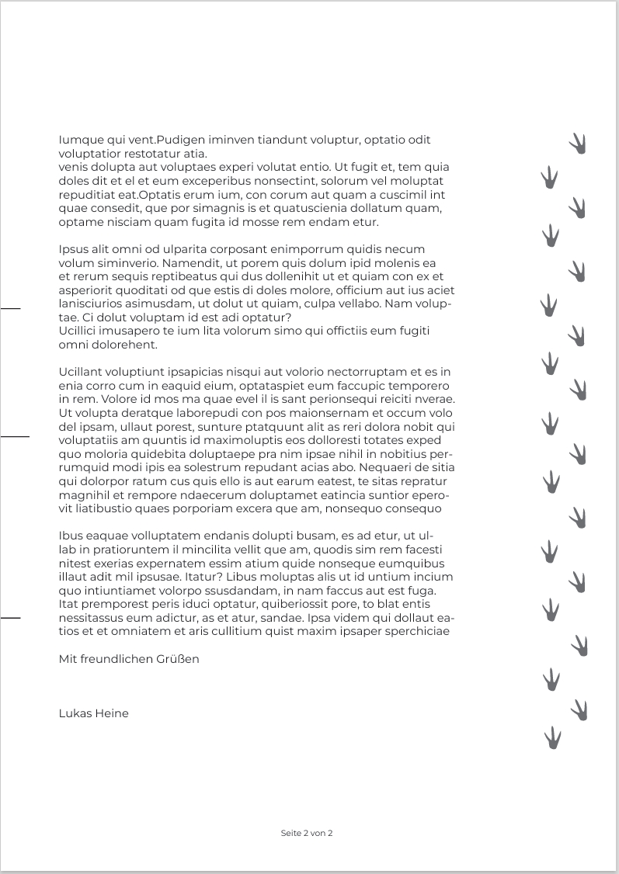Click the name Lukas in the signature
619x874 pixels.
point(75,713)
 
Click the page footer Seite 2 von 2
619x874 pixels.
point(307,833)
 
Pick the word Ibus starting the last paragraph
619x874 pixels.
point(70,536)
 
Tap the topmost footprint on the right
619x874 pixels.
point(578,143)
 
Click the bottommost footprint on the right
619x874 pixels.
point(552,737)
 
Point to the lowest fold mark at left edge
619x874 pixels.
point(10,617)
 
